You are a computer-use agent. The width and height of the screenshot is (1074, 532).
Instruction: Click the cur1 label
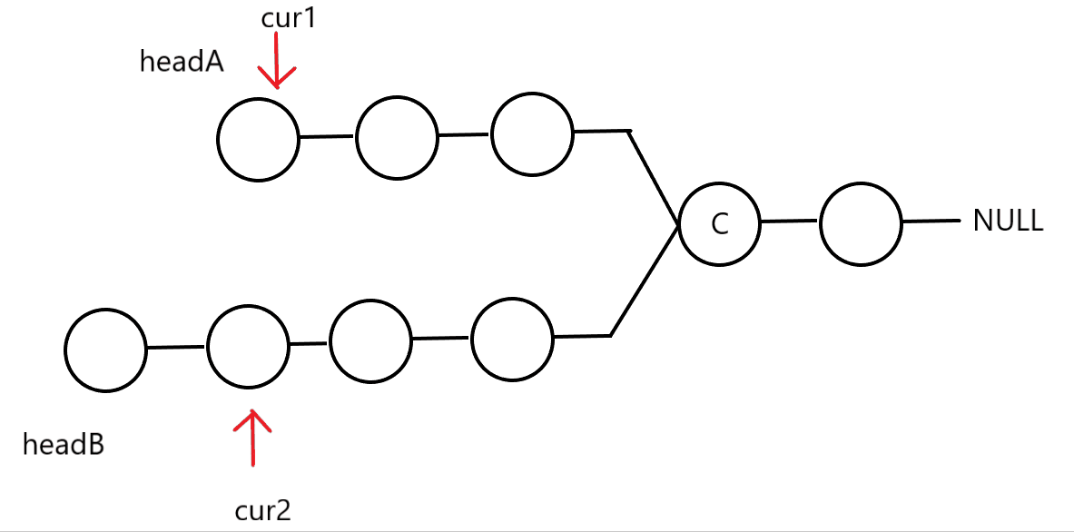286,18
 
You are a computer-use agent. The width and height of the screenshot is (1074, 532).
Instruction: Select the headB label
63,445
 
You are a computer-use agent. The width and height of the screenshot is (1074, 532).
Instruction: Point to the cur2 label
262,511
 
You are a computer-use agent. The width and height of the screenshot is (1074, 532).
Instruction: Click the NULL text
1008,222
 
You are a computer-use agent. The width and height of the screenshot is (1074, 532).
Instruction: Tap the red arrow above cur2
252,438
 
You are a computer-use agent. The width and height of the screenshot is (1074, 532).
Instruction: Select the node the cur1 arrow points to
259,140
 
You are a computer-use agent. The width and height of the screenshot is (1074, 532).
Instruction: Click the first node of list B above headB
105,350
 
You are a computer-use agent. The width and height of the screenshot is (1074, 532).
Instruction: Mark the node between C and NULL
861,223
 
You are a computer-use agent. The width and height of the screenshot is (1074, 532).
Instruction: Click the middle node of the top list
397,138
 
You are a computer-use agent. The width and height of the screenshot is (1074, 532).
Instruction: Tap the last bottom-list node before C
512,340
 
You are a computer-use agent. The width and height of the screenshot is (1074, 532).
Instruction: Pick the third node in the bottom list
370,343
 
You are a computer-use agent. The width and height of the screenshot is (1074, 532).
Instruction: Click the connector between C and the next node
789,221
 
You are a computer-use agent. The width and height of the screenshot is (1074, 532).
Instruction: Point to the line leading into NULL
931,221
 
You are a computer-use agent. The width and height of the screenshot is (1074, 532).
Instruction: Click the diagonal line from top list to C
654,178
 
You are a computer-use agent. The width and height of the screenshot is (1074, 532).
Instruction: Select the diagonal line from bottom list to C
645,281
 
